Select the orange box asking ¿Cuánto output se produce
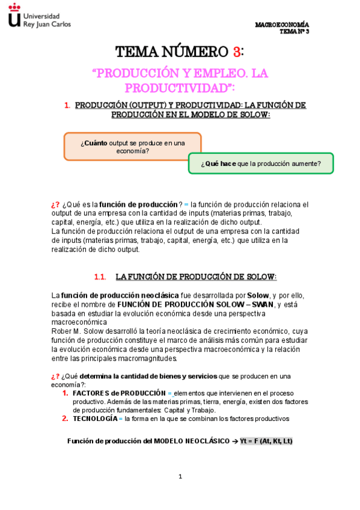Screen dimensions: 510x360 (x=132, y=146)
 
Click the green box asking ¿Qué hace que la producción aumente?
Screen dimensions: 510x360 (x=261, y=164)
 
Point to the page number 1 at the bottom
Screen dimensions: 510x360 (x=180, y=477)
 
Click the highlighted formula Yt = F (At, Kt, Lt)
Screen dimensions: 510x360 (x=266, y=441)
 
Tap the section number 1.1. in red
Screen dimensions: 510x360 (x=100, y=277)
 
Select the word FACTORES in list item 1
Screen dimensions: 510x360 (x=91, y=393)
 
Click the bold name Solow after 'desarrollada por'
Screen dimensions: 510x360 (x=258, y=296)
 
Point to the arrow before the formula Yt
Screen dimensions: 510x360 (x=235, y=441)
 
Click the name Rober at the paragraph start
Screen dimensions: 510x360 (x=62, y=331)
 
